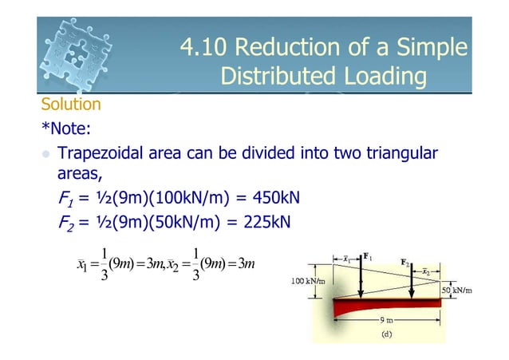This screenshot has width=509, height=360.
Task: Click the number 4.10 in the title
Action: coord(203,48)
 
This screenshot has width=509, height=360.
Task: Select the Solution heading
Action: coord(71,105)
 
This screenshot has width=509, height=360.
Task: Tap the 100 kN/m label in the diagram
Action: coord(308,282)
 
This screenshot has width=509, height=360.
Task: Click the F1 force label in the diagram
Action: coord(368,256)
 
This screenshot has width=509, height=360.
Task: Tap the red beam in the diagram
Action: coord(375,307)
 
